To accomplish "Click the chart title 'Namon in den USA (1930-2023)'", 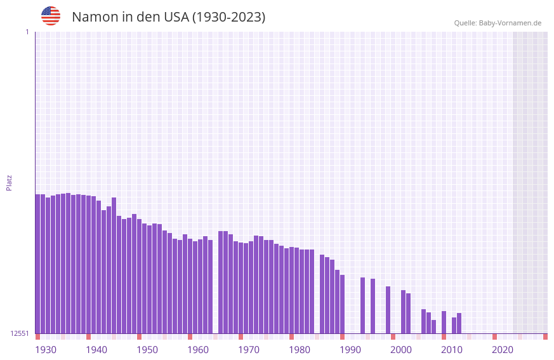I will pyautogui.click(x=168, y=17).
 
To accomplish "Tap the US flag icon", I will pyautogui.click(x=51, y=16).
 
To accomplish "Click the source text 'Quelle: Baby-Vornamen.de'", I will pyautogui.click(x=498, y=23).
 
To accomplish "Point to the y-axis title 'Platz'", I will pyautogui.click(x=9, y=182).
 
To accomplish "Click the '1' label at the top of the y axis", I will pyautogui.click(x=27, y=32).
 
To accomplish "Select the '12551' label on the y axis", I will pyautogui.click(x=20, y=333).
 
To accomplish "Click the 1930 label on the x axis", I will pyautogui.click(x=46, y=350).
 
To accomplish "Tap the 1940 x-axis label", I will pyautogui.click(x=96, y=350).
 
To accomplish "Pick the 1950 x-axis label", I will pyautogui.click(x=147, y=350).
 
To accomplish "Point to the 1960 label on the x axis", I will pyautogui.click(x=198, y=350).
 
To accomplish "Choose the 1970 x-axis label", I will pyautogui.click(x=249, y=350).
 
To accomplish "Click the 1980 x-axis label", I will pyautogui.click(x=300, y=350).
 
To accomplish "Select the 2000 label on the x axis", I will pyautogui.click(x=401, y=350).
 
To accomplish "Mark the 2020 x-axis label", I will pyautogui.click(x=503, y=350).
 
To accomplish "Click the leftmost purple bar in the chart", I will pyautogui.click(x=38, y=263).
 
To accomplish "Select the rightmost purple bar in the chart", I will pyautogui.click(x=459, y=323).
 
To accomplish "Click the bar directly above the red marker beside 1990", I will pyautogui.click(x=343, y=304).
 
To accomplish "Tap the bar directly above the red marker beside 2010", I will pyautogui.click(x=444, y=322).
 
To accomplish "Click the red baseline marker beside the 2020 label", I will pyautogui.click(x=494, y=337).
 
